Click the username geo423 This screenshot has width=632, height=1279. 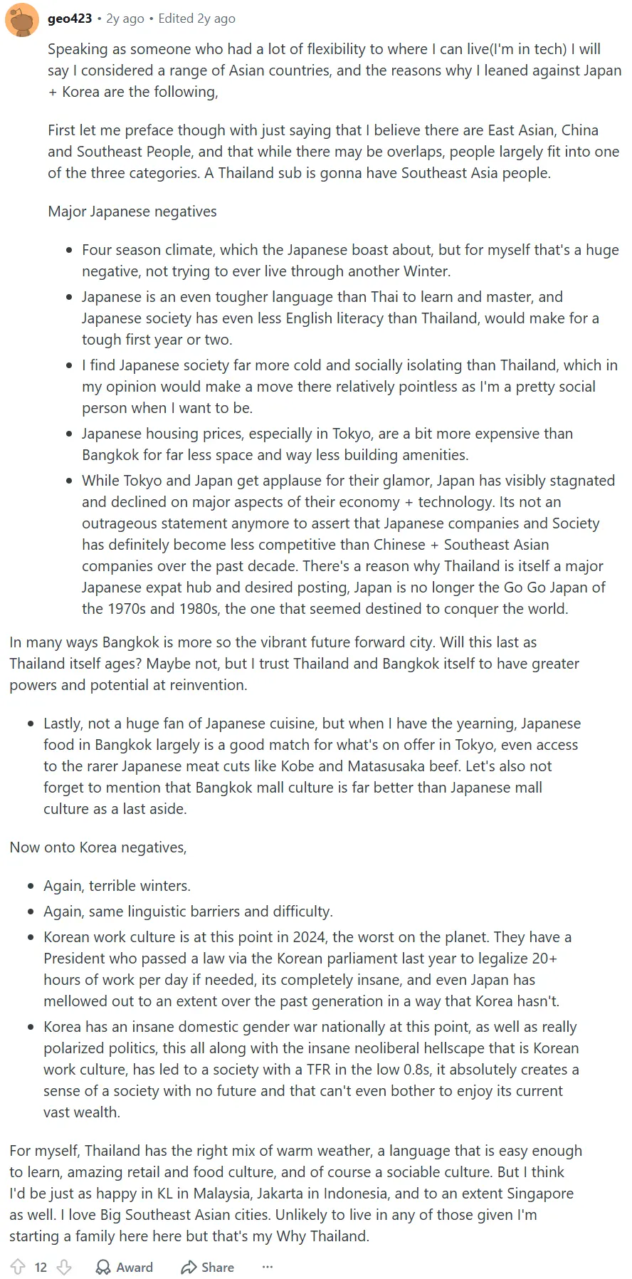[70, 19]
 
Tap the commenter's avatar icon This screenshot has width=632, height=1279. [22, 19]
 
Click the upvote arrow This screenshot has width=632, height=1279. [19, 1267]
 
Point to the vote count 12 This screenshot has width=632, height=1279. [41, 1268]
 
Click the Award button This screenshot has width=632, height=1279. [125, 1267]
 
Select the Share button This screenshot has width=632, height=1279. [207, 1267]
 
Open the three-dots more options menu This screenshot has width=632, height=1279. [268, 1267]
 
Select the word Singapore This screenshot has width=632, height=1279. [540, 1194]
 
